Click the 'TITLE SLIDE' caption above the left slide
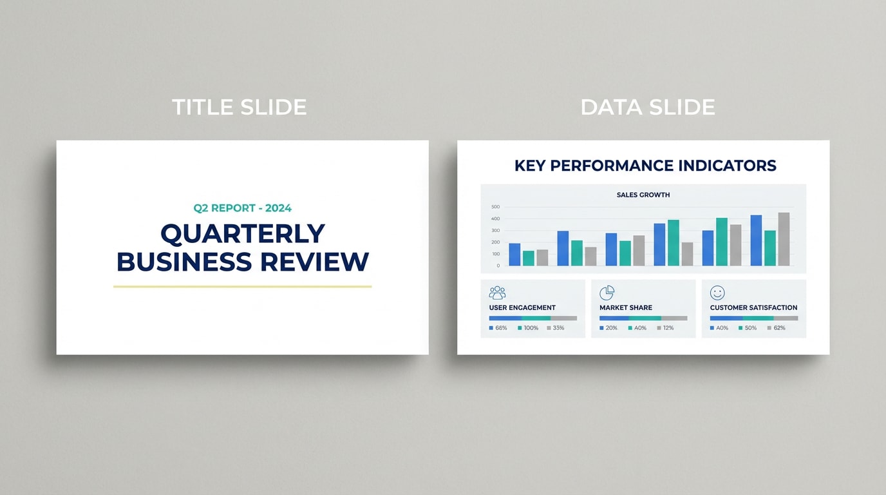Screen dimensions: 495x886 tap(239, 107)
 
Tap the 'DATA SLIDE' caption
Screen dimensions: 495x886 tap(647, 107)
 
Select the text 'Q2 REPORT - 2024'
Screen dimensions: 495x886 tap(242, 208)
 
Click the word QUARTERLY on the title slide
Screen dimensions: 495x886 tap(242, 234)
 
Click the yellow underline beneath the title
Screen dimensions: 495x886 tap(242, 286)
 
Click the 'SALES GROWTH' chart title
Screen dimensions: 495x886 tap(643, 195)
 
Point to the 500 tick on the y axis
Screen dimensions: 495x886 tap(495, 207)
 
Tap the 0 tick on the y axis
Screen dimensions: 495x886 tap(498, 266)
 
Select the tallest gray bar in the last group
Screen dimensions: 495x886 tap(784, 239)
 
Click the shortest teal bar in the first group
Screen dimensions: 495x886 tap(529, 258)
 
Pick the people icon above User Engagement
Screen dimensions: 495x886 tap(497, 293)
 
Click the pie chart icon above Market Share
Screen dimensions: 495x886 tap(607, 293)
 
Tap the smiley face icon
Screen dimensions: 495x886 tap(717, 293)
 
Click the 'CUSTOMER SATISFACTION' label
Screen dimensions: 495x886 tap(753, 308)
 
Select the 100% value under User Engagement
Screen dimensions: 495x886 tap(531, 328)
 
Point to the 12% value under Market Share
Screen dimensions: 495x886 tap(668, 328)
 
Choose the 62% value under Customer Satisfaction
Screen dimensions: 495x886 tap(779, 328)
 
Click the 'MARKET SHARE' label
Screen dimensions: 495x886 tap(625, 308)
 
